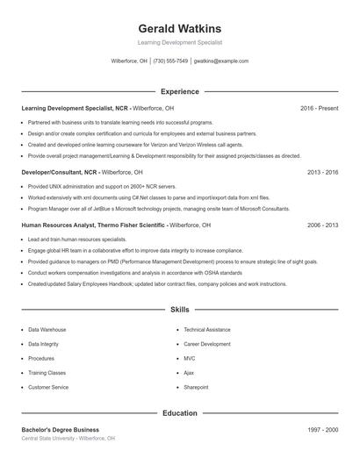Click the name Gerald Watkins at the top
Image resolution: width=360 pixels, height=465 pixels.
[x=180, y=28]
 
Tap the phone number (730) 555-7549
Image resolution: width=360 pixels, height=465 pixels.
[x=170, y=61]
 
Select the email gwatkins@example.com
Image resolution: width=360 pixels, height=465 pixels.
[x=221, y=61]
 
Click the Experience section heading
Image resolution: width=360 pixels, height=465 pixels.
[x=180, y=91]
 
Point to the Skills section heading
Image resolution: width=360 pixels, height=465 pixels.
[x=180, y=310]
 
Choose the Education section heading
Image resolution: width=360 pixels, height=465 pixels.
[x=180, y=412]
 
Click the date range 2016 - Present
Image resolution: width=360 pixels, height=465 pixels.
[x=319, y=108]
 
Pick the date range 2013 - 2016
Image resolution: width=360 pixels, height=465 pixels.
[x=322, y=173]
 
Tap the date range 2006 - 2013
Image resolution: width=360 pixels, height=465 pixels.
[x=322, y=225]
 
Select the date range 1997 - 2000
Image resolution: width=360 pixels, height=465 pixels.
[x=322, y=430]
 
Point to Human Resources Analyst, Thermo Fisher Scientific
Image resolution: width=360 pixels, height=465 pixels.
[x=93, y=225]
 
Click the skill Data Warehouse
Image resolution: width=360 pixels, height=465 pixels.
[x=47, y=330]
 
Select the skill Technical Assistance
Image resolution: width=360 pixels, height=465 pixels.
[x=207, y=330]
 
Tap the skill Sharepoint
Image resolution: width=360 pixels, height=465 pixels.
[x=196, y=387]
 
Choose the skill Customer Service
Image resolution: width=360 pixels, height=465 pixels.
[x=48, y=387]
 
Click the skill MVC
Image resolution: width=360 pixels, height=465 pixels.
[x=190, y=358]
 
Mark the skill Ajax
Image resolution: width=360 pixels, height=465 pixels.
[x=189, y=373]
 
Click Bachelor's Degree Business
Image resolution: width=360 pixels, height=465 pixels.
[x=61, y=430]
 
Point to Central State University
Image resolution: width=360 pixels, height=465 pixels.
[x=48, y=438]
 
